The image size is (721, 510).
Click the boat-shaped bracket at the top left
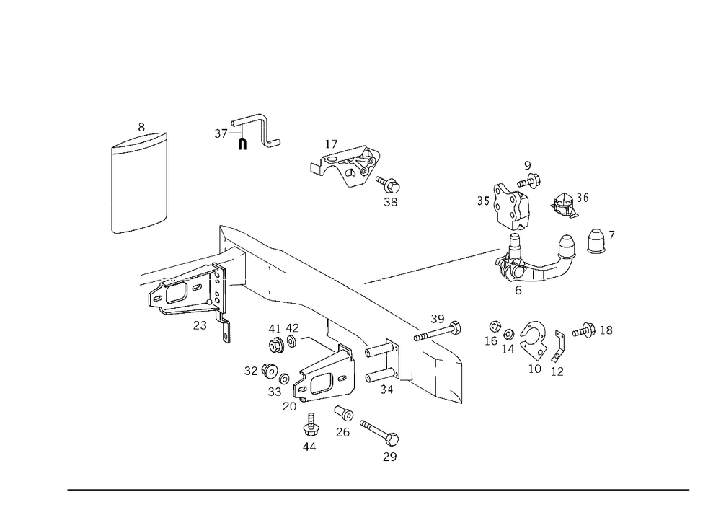[141, 141]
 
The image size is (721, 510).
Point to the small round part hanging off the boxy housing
[392, 189]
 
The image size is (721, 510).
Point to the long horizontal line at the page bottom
[379, 489]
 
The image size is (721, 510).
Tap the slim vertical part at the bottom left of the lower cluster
[310, 429]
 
